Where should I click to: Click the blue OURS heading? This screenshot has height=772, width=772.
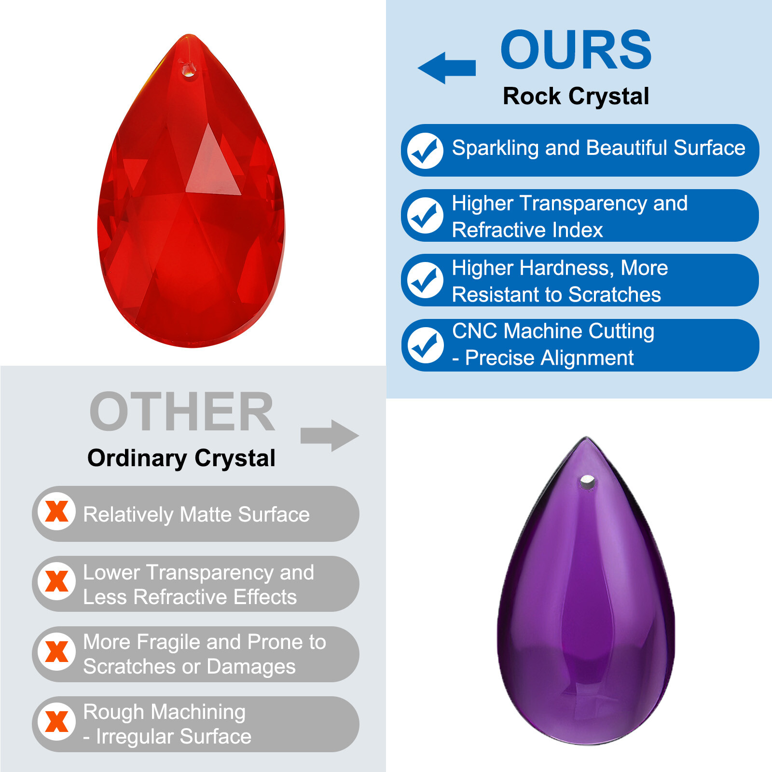point(576,50)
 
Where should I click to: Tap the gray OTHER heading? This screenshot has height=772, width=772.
point(182,412)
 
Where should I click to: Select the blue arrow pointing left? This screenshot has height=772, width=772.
point(447,68)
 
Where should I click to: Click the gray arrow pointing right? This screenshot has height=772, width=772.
point(330,436)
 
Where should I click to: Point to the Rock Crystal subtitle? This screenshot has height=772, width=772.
point(576,96)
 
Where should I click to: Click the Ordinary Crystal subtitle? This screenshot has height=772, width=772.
point(181,458)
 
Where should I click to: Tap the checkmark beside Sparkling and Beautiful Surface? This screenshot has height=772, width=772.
point(425,151)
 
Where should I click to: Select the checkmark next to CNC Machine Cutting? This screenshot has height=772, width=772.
point(425,345)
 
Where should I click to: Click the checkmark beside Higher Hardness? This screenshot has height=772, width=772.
point(425,280)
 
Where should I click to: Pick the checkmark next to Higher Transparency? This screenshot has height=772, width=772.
point(425,216)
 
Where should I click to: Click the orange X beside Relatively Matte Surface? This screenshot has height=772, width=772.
point(57,511)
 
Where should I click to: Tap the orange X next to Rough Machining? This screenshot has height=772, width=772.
point(57,722)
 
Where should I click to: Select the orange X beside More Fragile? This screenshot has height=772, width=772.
point(57,652)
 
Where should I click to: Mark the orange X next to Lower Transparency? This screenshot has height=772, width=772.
point(57,581)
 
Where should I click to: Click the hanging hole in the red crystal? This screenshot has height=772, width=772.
point(188,72)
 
